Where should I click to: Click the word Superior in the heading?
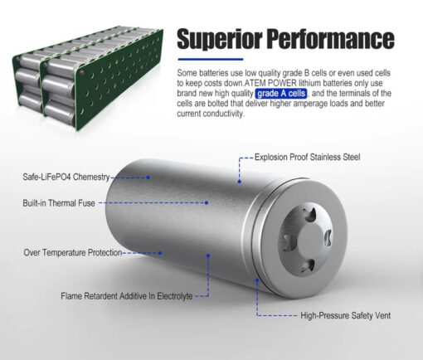(x=219, y=39)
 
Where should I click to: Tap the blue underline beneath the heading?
(x=211, y=59)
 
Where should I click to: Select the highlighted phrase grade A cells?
(x=281, y=94)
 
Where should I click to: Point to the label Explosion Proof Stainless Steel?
(x=307, y=157)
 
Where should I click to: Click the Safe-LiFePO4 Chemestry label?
(x=66, y=177)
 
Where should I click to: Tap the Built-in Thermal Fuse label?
(x=59, y=203)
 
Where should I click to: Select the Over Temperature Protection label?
(x=73, y=252)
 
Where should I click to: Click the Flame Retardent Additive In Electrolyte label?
(x=127, y=296)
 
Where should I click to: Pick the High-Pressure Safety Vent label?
(x=346, y=315)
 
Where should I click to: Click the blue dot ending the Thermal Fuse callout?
(x=207, y=202)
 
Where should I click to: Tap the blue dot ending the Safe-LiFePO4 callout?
(x=148, y=178)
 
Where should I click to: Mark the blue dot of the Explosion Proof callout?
(x=240, y=182)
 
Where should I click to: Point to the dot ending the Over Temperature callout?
(x=160, y=253)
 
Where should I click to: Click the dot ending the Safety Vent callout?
(x=257, y=280)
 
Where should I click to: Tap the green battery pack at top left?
(x=88, y=78)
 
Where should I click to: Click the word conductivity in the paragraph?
(x=222, y=114)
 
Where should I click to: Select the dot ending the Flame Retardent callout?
(x=208, y=255)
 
